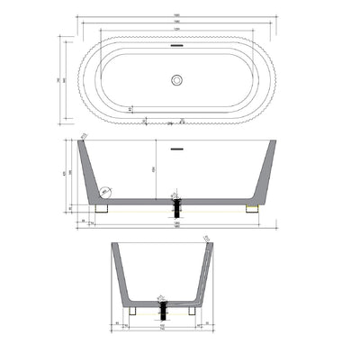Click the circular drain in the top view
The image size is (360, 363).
tap(177, 79)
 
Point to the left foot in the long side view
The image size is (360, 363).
tap(102, 208)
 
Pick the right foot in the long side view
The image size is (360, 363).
tap(252, 208)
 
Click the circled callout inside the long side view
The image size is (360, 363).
tap(104, 191)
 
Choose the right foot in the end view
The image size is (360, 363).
tap(193, 311)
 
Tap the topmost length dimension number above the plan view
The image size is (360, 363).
tap(177, 15)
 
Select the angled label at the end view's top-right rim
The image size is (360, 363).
tap(206, 238)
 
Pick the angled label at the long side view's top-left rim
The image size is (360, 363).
tap(83, 136)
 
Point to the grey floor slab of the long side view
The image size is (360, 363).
tap(177, 200)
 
